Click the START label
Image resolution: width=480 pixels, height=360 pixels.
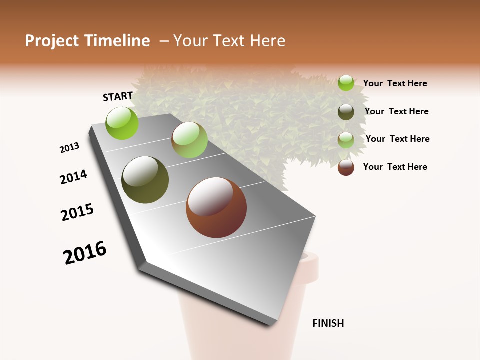pyautogui.click(x=118, y=96)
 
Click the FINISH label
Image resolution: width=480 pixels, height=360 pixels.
pyautogui.click(x=328, y=323)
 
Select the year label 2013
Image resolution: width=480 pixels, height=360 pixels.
pyautogui.click(x=70, y=148)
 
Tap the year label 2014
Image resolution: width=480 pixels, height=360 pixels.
pyautogui.click(x=74, y=177)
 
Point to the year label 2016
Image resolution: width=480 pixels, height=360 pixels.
pyautogui.click(x=85, y=253)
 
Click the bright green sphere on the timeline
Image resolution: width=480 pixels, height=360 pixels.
pyautogui.click(x=122, y=123)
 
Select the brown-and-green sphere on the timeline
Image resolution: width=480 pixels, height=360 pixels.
pyautogui.click(x=189, y=140)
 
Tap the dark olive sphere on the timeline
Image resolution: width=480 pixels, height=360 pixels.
pyautogui.click(x=145, y=180)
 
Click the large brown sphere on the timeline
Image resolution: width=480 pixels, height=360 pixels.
pyautogui.click(x=216, y=207)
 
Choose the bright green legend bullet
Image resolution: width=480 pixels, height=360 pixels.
pyautogui.click(x=346, y=83)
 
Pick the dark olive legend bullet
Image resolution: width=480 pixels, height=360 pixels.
pyautogui.click(x=346, y=112)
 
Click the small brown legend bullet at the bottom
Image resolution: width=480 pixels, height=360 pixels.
pyautogui.click(x=346, y=167)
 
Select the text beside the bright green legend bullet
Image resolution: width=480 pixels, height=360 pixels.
pyautogui.click(x=395, y=83)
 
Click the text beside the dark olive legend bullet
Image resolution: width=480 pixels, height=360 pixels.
pyautogui.click(x=396, y=111)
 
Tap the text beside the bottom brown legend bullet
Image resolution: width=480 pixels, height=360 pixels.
pyautogui.click(x=395, y=167)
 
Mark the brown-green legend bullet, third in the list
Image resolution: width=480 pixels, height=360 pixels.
pyautogui.click(x=346, y=139)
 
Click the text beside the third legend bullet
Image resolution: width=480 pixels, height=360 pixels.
pyautogui.click(x=397, y=139)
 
